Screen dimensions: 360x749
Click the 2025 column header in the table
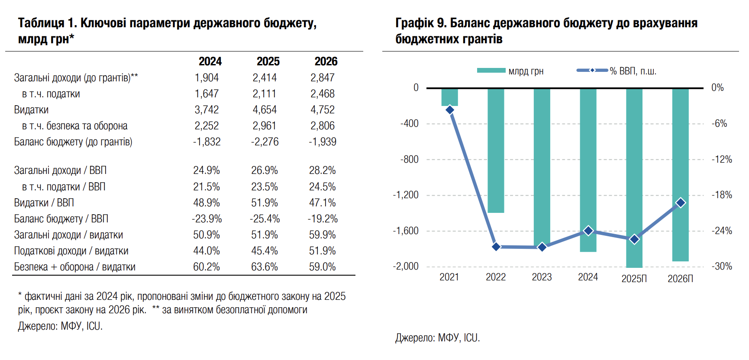click(268, 61)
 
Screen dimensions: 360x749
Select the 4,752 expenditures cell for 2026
click(323, 110)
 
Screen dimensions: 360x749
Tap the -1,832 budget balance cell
click(207, 142)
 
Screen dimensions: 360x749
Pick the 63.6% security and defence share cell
click(265, 267)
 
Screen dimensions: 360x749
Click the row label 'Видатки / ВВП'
click(44, 203)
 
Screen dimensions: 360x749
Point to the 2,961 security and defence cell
click(265, 126)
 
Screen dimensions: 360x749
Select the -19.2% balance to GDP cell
click(323, 219)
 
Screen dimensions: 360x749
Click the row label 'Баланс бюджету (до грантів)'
click(73, 142)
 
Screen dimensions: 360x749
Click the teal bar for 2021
click(449, 97)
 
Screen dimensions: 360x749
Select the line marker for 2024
click(588, 231)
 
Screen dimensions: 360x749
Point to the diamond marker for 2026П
click(681, 202)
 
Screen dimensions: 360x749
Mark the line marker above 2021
click(450, 110)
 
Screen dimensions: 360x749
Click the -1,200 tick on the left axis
click(406, 195)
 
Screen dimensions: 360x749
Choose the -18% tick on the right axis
click(722, 195)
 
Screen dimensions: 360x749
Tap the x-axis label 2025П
click(634, 279)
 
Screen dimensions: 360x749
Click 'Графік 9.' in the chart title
click(420, 23)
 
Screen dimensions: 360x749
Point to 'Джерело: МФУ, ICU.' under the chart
click(438, 338)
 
